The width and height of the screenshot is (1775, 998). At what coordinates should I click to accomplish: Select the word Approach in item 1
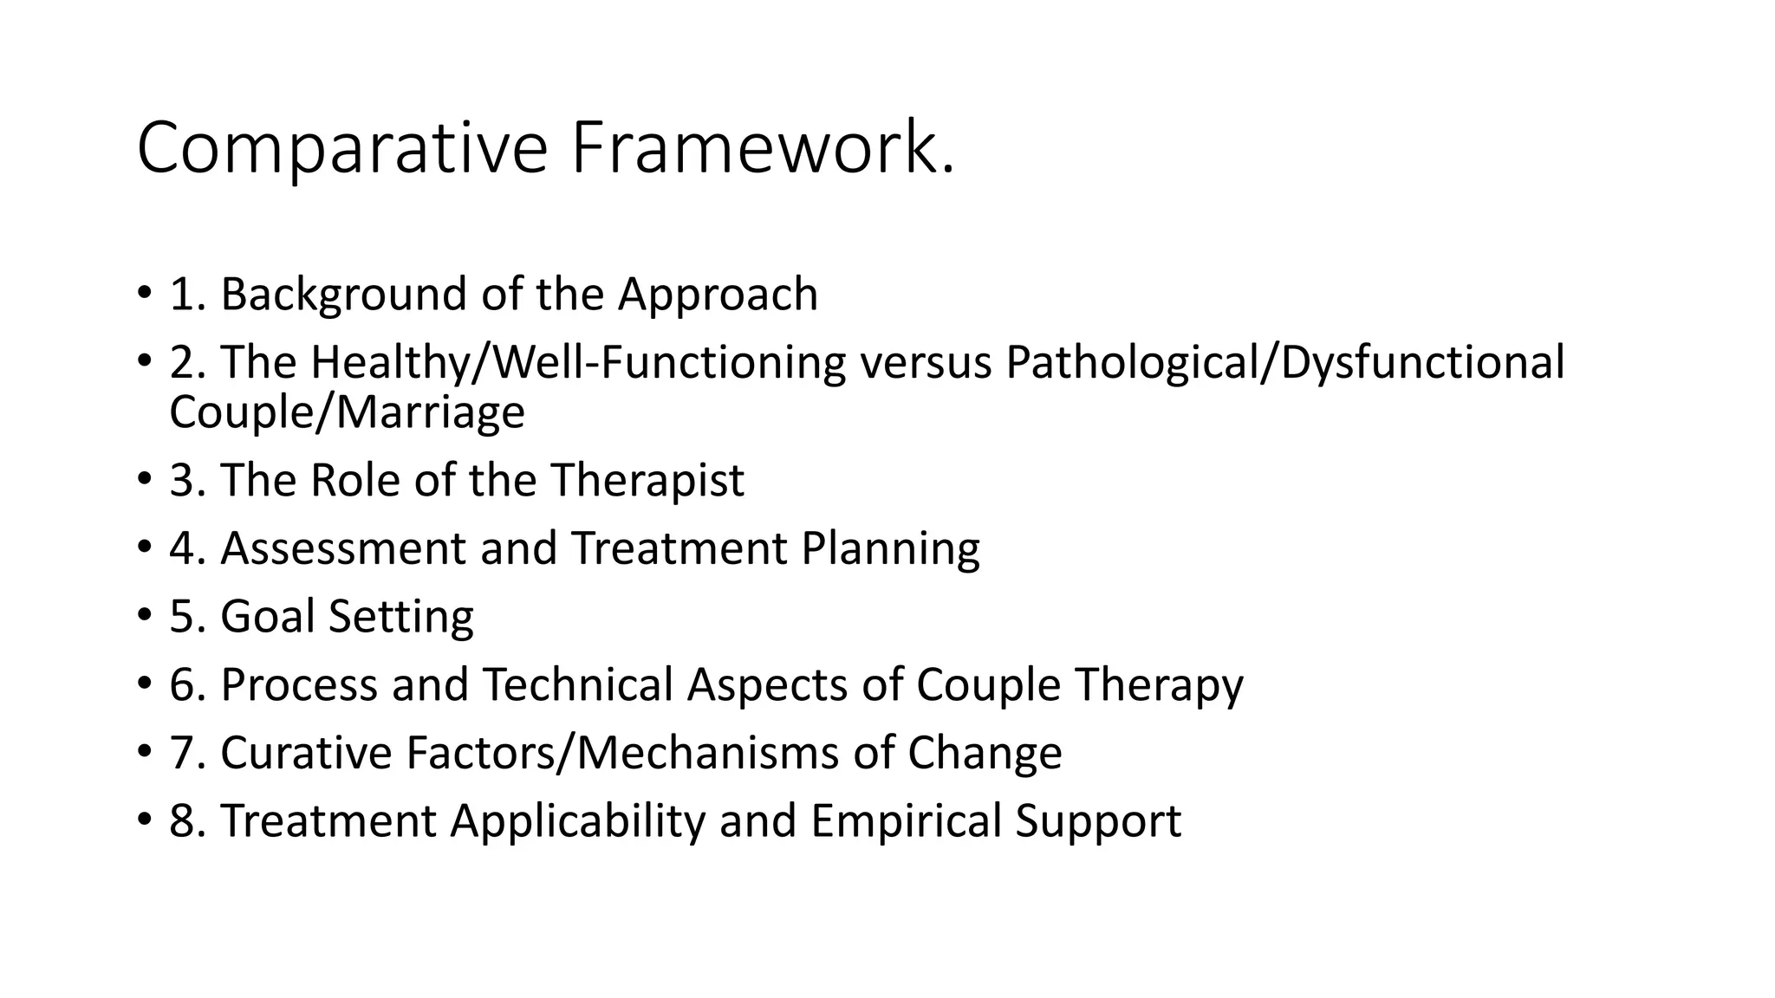718,295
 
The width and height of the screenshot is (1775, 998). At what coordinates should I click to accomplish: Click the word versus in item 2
926,362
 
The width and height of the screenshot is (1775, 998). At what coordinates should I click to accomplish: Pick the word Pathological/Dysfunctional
1285,362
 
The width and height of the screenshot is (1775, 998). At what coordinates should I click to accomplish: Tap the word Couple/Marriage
347,412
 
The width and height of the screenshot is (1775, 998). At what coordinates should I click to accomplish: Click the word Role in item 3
354,480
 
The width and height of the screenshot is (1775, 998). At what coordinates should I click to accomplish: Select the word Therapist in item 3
647,480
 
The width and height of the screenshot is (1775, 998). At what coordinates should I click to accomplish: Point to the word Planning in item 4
890,548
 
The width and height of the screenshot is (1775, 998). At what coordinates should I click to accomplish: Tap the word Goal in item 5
267,617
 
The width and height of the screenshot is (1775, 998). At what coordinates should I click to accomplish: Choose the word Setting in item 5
401,617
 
